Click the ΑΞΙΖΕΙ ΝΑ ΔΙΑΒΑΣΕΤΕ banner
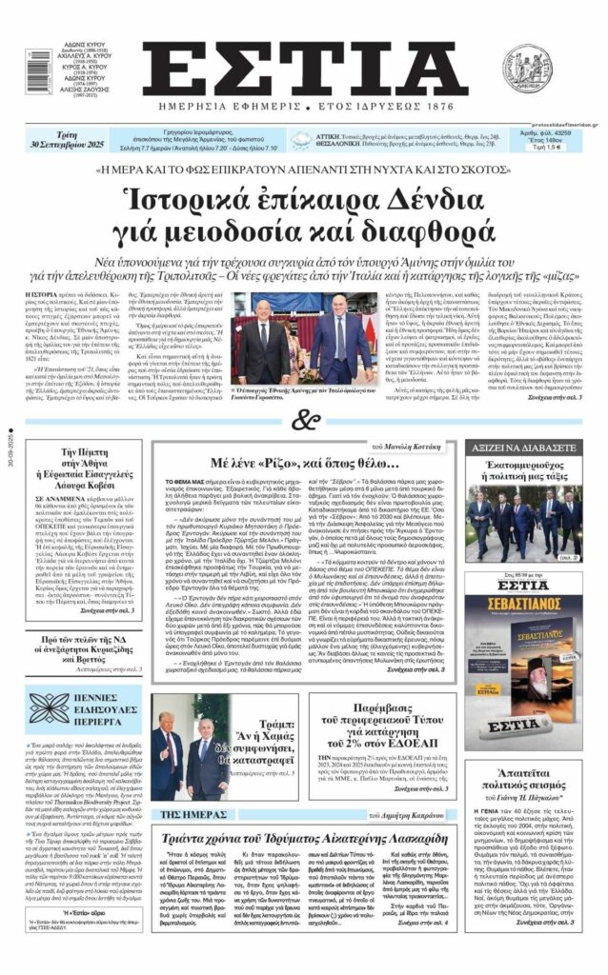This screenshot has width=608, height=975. tap(523, 447)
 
